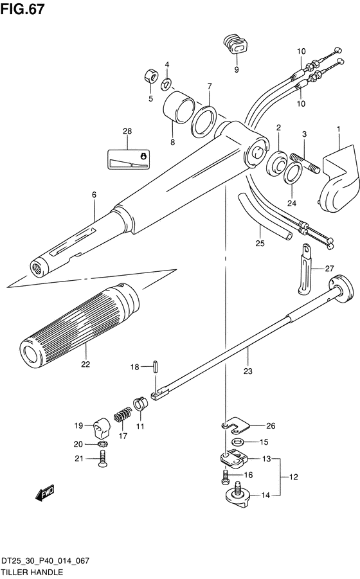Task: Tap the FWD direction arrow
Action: click(44, 493)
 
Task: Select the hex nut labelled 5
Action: click(150, 76)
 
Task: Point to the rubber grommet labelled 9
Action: click(235, 45)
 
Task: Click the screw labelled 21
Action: click(102, 459)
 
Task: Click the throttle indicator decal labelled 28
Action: click(129, 159)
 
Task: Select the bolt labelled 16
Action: click(225, 477)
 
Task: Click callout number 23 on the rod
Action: click(248, 371)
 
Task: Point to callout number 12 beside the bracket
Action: click(293, 477)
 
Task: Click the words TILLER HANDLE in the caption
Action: click(32, 573)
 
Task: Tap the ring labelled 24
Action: click(292, 172)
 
